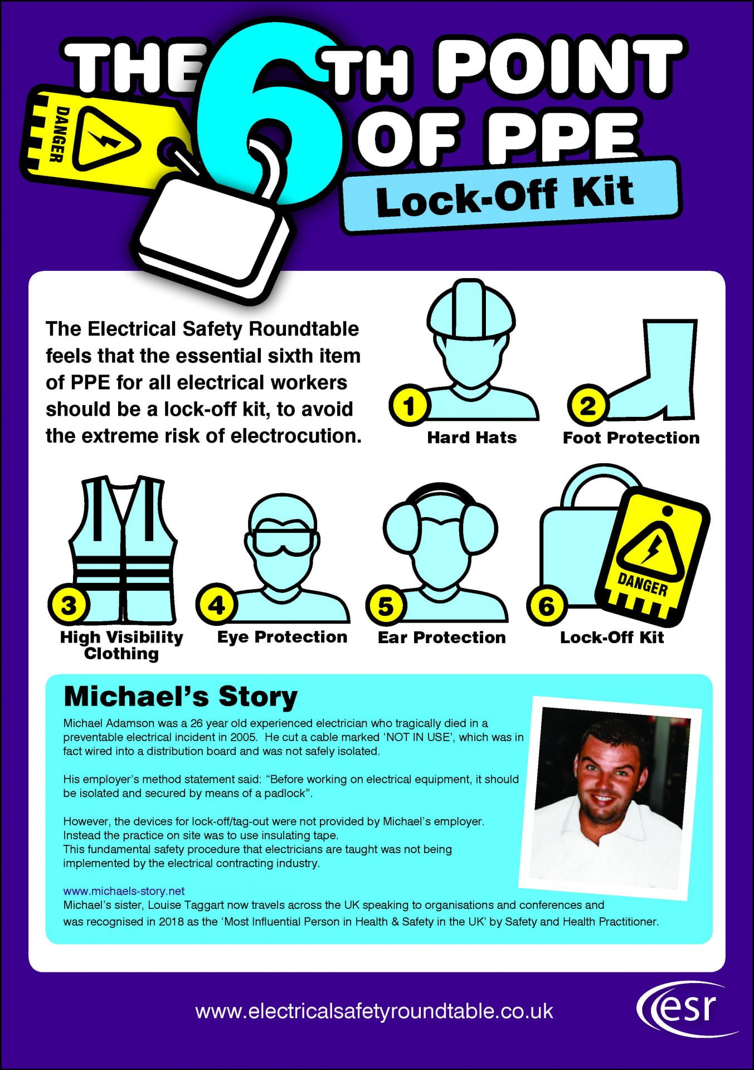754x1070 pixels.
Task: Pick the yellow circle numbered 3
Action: click(68, 605)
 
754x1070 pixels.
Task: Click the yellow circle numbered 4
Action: click(216, 605)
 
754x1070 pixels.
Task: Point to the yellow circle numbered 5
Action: click(386, 606)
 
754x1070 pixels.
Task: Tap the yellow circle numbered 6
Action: click(546, 606)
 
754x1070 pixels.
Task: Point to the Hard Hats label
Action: click(471, 437)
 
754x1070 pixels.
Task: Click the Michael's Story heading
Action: click(181, 697)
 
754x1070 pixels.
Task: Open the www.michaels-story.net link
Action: click(124, 891)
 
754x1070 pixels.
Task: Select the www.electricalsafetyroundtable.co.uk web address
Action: click(374, 1011)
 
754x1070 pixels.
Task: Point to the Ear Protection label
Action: click(441, 637)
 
